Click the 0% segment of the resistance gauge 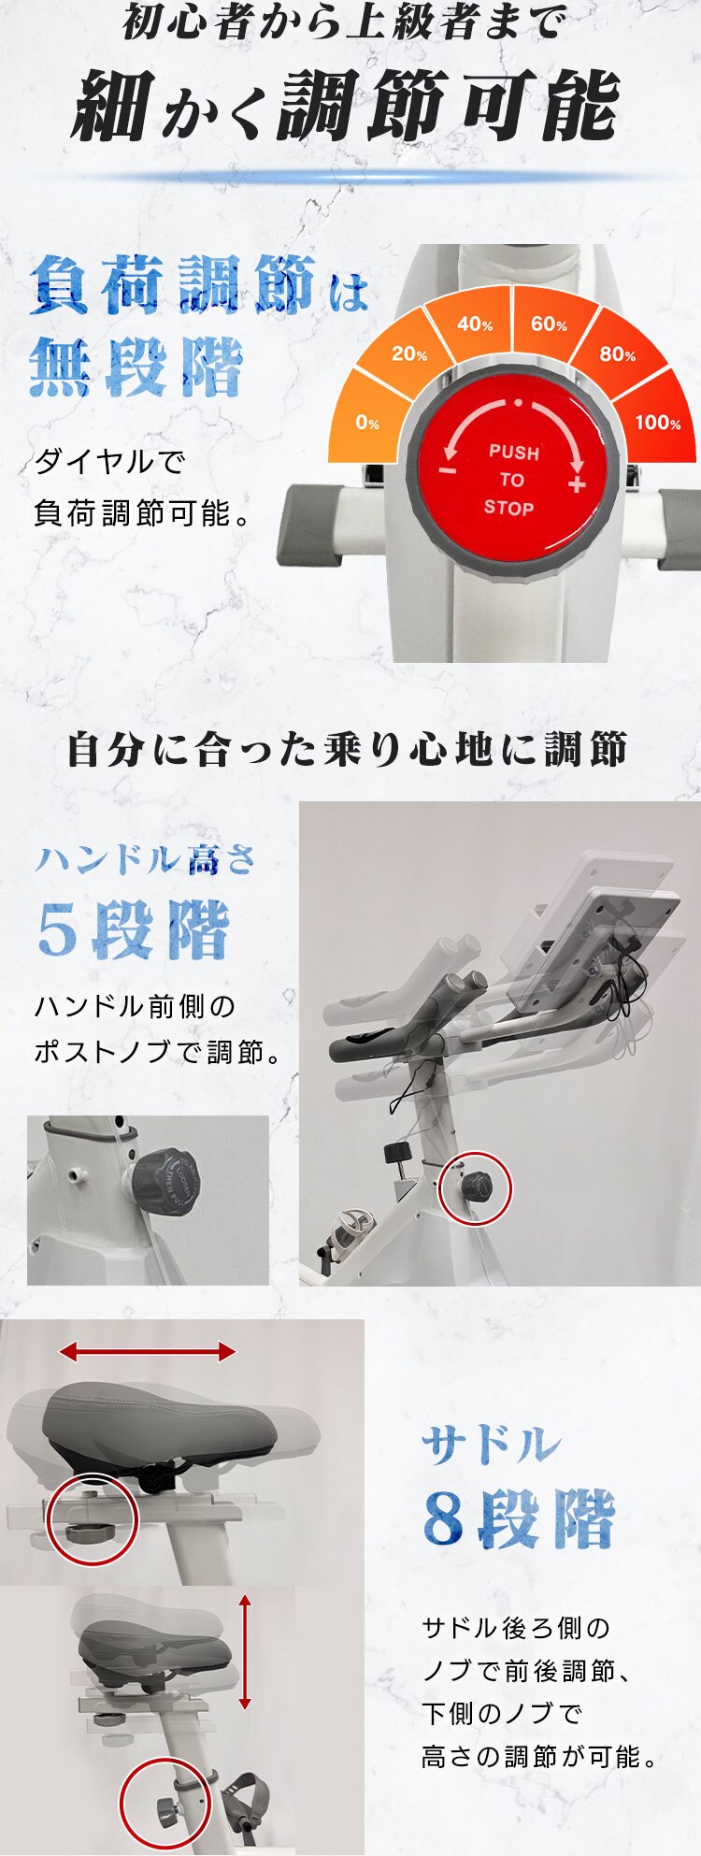point(367,423)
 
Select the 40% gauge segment point(475,324)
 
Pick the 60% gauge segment point(549,324)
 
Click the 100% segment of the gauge point(657,423)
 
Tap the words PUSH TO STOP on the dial point(511,480)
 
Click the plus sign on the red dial point(576,483)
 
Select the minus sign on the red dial point(448,469)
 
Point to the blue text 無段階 point(136,367)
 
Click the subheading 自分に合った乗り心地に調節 point(347,750)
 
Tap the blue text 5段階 point(133,930)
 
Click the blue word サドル point(491,1445)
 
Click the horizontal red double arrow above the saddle point(147,1351)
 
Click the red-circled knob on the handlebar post point(476,1188)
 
